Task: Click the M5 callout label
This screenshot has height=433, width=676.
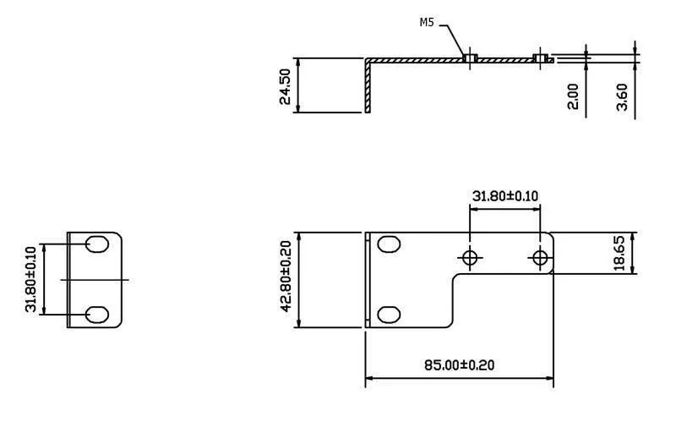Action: (427, 23)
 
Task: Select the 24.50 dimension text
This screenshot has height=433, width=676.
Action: (285, 87)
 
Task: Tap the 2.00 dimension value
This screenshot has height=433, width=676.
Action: (573, 96)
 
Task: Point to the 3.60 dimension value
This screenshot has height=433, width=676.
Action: (622, 97)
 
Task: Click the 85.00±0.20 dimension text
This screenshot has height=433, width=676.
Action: (459, 365)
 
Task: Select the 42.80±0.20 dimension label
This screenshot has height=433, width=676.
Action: (286, 276)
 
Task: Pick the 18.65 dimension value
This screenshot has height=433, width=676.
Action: (619, 253)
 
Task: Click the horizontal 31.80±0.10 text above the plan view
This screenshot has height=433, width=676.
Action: (505, 196)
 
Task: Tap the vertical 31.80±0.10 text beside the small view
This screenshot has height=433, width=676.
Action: (30, 279)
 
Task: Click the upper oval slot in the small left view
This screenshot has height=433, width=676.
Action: (97, 244)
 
